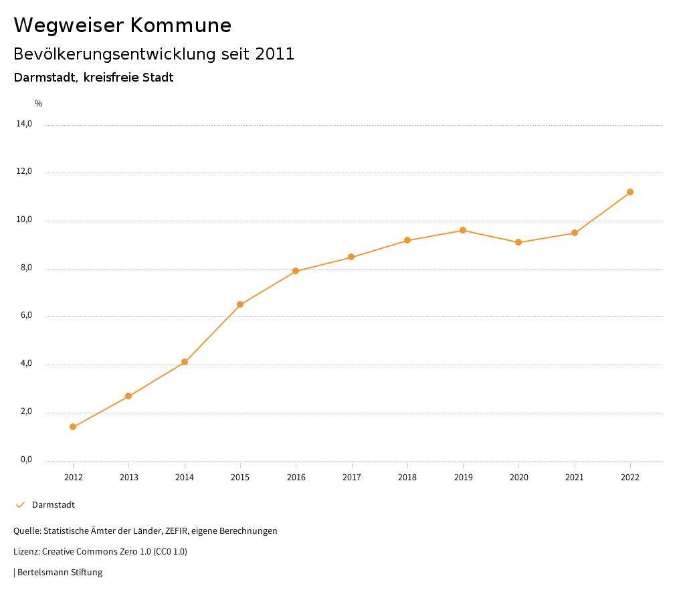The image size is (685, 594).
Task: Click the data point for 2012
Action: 73,427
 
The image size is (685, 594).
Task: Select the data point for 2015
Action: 240,304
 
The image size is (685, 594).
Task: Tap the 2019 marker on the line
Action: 463,230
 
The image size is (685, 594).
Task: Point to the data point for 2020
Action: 518,242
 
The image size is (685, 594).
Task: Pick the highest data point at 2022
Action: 630,192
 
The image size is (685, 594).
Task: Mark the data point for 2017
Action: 351,257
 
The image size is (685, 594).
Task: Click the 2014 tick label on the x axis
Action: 185,477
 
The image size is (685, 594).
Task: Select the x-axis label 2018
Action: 407,477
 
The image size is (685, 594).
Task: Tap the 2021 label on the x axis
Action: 575,477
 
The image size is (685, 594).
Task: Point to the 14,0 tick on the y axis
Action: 25,124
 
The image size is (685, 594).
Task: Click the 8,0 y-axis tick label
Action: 27,268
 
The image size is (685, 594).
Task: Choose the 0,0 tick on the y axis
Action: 27,460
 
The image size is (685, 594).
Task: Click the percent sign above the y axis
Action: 39,104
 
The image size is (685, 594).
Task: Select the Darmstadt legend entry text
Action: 54,505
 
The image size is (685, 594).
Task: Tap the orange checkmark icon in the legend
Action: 20,505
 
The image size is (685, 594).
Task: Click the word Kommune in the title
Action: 181,25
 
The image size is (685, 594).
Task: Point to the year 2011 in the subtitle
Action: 275,54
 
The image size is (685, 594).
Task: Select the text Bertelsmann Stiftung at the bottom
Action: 60,573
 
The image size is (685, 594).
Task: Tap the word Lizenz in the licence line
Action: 25,552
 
